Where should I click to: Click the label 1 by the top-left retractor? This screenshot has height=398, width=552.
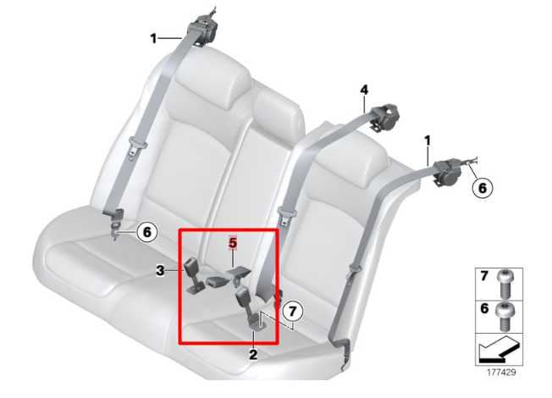(x=153, y=37)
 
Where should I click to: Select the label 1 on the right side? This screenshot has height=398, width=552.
(x=428, y=139)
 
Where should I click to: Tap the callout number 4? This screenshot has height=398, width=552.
(x=364, y=89)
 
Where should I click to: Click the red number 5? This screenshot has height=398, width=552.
(x=233, y=243)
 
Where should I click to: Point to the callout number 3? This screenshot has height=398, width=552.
(x=158, y=270)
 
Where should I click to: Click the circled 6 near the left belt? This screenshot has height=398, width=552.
(x=145, y=230)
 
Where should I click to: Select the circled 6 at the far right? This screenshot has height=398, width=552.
(x=480, y=188)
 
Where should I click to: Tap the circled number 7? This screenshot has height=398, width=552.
(x=291, y=311)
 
